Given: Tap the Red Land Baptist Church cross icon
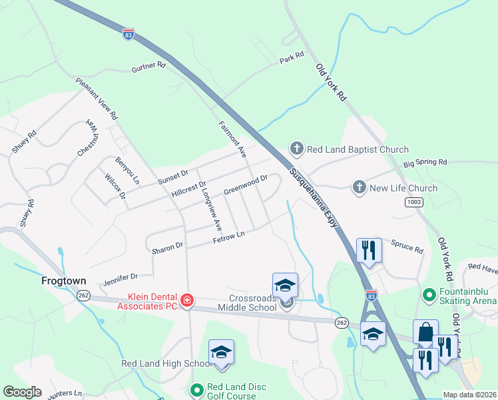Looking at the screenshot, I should tap(296, 149).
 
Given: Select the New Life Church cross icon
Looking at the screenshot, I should tap(360, 187).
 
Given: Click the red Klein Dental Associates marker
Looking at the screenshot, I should tap(188, 300).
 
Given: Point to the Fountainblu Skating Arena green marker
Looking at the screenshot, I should tap(430, 293).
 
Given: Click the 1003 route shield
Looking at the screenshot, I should tap(413, 202).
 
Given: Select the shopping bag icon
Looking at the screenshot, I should tap(425, 331).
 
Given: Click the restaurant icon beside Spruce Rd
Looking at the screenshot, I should tap(369, 250).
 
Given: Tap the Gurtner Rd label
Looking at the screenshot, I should tap(148, 67).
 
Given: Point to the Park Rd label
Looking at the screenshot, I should tap(292, 58).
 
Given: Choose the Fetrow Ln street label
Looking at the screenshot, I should tap(228, 235).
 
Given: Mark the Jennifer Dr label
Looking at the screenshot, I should tap(120, 277).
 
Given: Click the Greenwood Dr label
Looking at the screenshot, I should tap(245, 185).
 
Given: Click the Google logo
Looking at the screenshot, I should tap(22, 392).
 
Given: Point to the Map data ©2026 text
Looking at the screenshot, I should tap(469, 395).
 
